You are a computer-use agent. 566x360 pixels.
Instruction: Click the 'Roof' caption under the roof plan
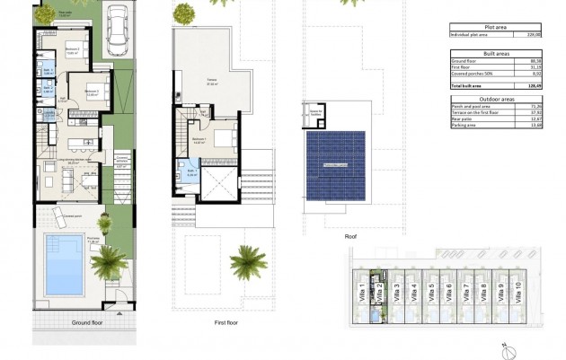351,236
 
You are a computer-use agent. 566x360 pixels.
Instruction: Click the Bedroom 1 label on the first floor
199,139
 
